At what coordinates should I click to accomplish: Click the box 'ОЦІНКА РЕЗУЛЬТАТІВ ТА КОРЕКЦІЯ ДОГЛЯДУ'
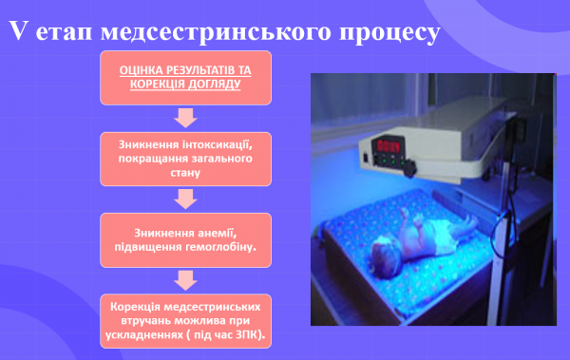click(x=185, y=77)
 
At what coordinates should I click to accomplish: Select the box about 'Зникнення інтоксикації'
click(x=185, y=159)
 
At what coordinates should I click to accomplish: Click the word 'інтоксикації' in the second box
click(x=219, y=143)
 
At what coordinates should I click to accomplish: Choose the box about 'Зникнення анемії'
click(x=185, y=239)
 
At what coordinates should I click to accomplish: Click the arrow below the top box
click(x=185, y=118)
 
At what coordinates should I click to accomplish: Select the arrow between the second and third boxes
click(x=185, y=199)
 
